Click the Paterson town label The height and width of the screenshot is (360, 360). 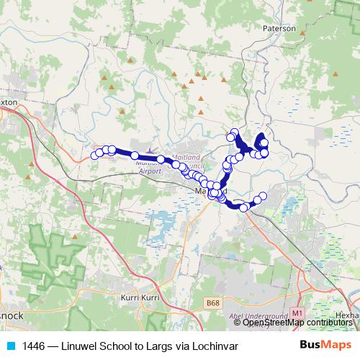coord(280,29)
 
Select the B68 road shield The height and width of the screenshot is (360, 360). coord(212,304)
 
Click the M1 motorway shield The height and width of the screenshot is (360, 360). coord(297,313)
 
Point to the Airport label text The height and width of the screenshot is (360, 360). coord(150,171)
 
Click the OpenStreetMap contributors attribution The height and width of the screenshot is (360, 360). coord(298,323)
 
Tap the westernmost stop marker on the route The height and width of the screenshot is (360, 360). coord(95,155)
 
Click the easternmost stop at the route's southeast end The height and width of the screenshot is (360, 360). coord(263,196)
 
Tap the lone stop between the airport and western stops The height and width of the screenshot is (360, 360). coord(135,156)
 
